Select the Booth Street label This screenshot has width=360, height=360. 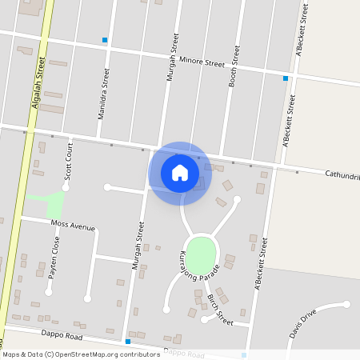[234, 66]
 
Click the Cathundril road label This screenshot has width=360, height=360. [342, 174]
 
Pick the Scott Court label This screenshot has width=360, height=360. [70, 160]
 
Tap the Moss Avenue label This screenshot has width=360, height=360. [73, 226]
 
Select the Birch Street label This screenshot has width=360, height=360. [219, 309]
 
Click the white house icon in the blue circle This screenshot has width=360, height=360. [179, 173]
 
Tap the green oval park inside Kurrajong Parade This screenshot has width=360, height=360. [201, 253]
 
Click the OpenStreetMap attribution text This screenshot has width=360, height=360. [81, 354]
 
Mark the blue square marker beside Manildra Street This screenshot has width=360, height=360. [104, 40]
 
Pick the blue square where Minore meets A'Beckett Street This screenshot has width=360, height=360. [286, 78]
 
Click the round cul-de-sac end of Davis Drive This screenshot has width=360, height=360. [346, 304]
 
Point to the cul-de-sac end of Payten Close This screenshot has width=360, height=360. [49, 293]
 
